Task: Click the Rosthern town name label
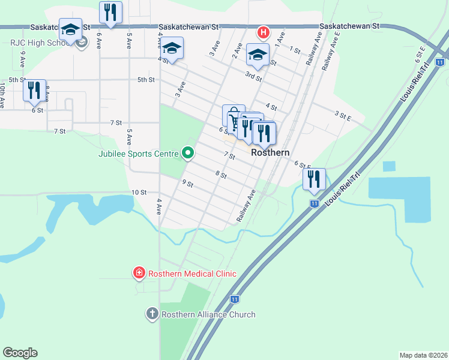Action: click(x=270, y=152)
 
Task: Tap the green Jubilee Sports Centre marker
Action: click(x=188, y=154)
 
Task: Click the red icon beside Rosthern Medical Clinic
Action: click(x=139, y=274)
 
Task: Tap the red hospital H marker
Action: click(x=262, y=32)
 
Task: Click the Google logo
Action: click(x=20, y=353)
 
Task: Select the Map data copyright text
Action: click(x=423, y=355)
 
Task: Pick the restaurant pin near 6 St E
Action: click(x=314, y=179)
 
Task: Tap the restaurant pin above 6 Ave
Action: click(x=110, y=12)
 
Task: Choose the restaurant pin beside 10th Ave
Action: click(x=34, y=90)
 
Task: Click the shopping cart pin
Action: click(x=232, y=115)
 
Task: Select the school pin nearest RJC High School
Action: click(x=70, y=29)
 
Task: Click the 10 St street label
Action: click(x=139, y=192)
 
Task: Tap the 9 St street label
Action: click(x=188, y=184)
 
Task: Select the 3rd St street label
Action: click(x=253, y=76)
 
